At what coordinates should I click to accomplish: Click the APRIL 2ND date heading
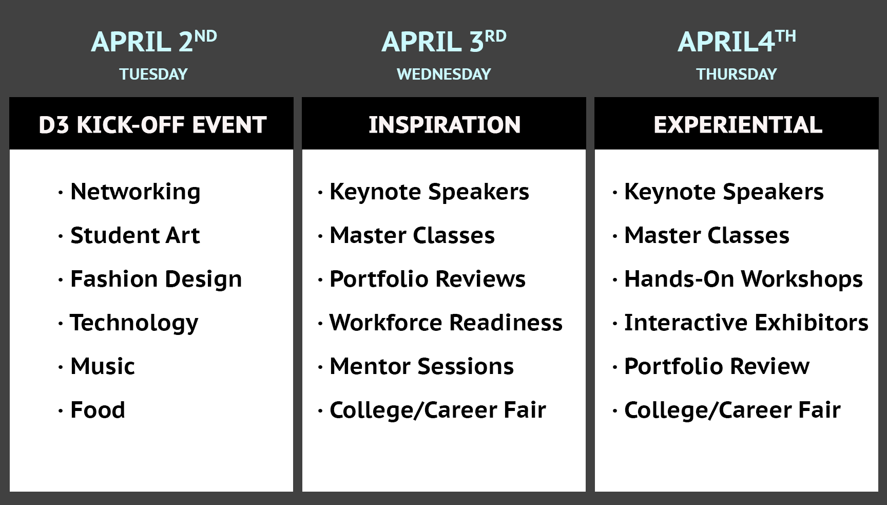154,41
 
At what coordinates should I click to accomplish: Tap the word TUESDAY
153,74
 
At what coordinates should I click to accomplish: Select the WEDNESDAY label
444,74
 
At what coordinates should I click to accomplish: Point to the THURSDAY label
737,74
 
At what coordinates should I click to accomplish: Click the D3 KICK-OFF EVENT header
152,125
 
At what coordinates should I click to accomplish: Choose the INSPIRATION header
445,125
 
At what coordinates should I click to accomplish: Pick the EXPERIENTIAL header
738,125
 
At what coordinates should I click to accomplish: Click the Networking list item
135,192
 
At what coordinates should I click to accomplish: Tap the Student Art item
135,235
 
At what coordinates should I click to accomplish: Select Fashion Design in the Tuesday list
156,279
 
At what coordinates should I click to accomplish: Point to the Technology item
134,323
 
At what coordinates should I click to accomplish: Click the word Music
103,366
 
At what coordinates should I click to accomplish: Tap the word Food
98,410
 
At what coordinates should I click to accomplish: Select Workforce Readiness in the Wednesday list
446,323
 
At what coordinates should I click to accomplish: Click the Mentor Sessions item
421,366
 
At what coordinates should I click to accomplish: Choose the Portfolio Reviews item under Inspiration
428,279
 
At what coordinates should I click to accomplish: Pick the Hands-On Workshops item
743,279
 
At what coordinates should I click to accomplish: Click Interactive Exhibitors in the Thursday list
746,323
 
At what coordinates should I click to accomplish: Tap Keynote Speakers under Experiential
724,192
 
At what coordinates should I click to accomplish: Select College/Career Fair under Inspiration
438,410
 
